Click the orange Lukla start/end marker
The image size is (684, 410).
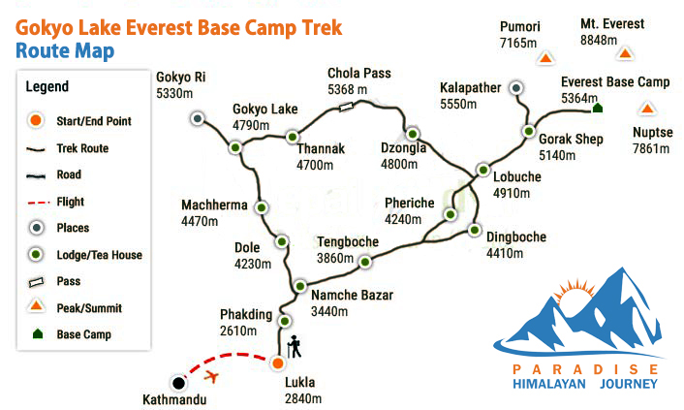point(278,363)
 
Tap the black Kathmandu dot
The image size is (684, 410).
point(178,383)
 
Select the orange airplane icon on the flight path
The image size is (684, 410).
point(211,375)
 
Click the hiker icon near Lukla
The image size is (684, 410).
point(295,347)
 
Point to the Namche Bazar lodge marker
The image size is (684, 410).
point(300,287)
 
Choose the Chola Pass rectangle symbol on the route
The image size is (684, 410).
point(346,106)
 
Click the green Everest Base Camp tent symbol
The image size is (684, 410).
point(597,108)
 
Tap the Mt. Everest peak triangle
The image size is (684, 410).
point(625,53)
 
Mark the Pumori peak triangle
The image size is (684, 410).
point(545,57)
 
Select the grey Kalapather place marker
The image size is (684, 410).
point(516,88)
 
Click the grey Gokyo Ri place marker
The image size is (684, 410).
point(198,118)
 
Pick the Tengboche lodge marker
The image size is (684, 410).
point(365,262)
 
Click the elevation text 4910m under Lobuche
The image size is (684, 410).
point(512,193)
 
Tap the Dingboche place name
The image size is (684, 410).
point(516,237)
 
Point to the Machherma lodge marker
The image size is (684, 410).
point(262,207)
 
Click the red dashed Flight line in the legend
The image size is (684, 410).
point(39,203)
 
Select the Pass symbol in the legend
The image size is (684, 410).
point(36,282)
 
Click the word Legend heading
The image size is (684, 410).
point(47,86)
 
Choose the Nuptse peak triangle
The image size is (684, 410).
point(647,109)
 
